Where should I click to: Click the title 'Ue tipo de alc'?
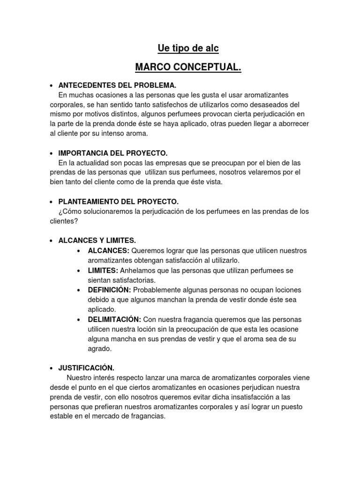[x=187, y=48]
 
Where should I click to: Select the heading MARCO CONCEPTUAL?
[x=188, y=68]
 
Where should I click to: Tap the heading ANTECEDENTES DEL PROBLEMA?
[x=117, y=86]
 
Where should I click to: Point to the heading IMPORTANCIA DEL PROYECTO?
[x=112, y=153]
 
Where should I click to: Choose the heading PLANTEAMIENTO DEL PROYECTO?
[x=118, y=202]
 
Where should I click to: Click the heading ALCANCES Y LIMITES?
[x=97, y=240]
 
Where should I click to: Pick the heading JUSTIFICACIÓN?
[x=86, y=367]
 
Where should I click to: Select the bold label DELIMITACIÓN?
[x=114, y=319]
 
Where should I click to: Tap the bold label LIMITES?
[x=103, y=270]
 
